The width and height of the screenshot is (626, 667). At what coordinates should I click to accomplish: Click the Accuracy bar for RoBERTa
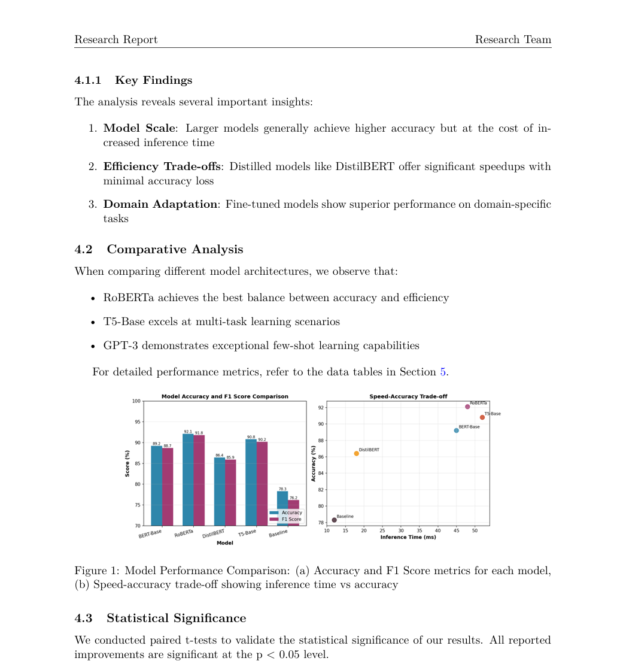pos(188,480)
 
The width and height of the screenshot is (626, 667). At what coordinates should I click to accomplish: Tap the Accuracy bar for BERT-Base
pos(156,486)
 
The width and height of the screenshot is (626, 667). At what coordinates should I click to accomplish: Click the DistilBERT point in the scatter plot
pos(357,453)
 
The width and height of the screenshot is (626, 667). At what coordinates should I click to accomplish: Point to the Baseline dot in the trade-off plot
pos(334,520)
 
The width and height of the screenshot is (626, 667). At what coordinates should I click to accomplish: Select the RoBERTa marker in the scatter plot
pos(467,407)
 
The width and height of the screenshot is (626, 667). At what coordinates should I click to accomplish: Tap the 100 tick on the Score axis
pos(137,401)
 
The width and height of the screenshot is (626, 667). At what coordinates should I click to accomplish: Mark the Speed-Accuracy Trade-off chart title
pos(408,396)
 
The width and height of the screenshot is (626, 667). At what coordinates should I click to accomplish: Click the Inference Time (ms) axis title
pos(408,537)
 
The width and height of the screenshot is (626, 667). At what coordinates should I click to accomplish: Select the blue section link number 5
pos(443,372)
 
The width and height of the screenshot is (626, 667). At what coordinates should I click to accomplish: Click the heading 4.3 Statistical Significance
pos(160,618)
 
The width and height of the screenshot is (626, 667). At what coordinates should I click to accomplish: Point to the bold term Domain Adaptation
pos(160,204)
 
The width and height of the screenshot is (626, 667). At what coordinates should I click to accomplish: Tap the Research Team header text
pos(513,40)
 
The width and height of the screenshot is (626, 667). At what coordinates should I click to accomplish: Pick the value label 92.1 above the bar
pos(188,431)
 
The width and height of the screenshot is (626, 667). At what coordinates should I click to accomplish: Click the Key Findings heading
pos(153,80)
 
